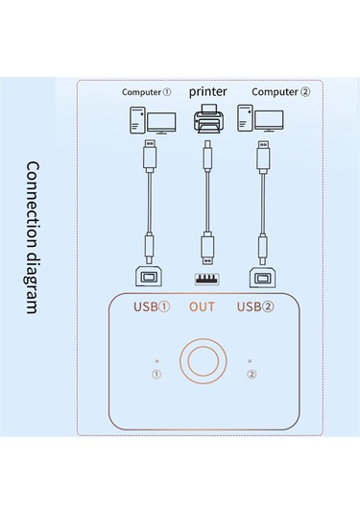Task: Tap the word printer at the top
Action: click(208, 91)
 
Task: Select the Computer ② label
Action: click(281, 92)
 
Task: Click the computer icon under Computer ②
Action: click(263, 122)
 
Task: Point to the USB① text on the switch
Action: click(150, 307)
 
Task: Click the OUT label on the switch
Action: click(203, 307)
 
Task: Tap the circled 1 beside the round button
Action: click(156, 374)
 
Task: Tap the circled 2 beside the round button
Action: click(252, 374)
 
